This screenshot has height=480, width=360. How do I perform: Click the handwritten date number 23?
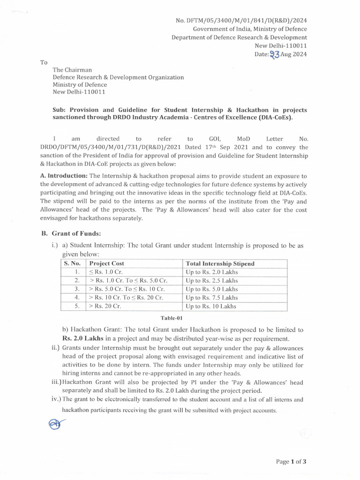(x=275, y=54)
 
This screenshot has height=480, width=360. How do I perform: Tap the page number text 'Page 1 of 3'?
(x=291, y=462)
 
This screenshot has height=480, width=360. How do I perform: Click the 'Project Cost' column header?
(x=107, y=263)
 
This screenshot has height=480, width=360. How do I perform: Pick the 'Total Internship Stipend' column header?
(x=220, y=263)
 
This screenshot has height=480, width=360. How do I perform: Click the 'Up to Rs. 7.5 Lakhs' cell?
(x=212, y=298)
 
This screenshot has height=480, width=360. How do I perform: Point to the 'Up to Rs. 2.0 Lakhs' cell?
(x=212, y=272)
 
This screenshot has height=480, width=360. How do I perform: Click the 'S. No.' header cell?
(x=73, y=263)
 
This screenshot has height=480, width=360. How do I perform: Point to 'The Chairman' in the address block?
(x=72, y=70)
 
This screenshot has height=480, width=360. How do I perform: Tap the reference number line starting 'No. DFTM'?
(x=241, y=21)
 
